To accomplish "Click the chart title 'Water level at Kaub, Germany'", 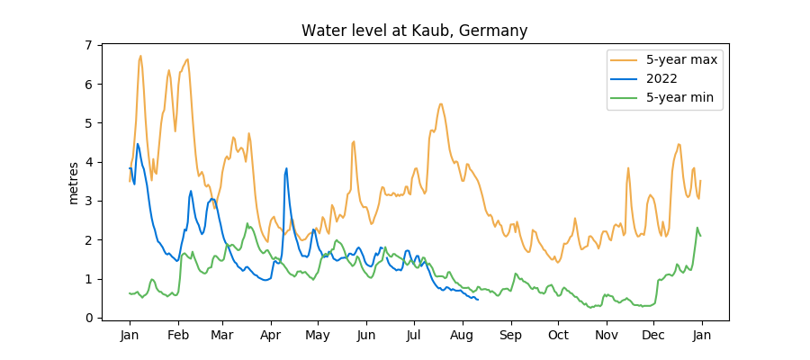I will (414, 31).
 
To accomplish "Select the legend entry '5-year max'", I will (667, 59).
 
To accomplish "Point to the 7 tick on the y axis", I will (88, 45).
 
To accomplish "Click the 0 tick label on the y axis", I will (88, 318).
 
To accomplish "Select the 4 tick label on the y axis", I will (88, 162).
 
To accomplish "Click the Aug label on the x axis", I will (463, 336).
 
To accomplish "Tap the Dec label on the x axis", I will (653, 336).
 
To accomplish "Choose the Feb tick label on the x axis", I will (177, 336).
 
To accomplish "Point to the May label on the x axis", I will (318, 336).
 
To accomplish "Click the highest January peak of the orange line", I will (140, 56).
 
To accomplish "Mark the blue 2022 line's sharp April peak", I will (286, 168).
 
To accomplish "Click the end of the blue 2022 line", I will (477, 300).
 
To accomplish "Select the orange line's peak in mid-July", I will (440, 103).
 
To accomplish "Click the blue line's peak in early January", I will (138, 144).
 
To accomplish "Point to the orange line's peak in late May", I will (354, 140).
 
